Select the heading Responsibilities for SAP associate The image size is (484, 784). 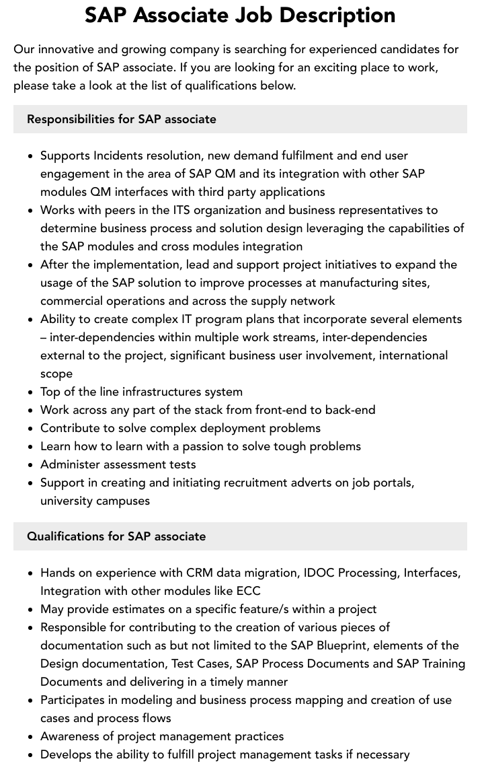tap(121, 119)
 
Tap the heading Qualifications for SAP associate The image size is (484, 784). tap(116, 536)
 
